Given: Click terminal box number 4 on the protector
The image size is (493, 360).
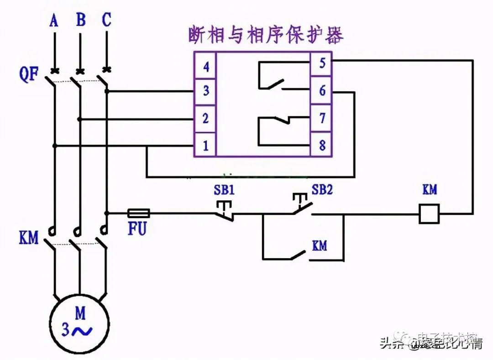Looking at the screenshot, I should [x=205, y=67].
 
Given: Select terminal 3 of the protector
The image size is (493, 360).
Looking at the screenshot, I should [x=205, y=91].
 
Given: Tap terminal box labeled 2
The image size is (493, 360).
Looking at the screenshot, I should [x=205, y=119].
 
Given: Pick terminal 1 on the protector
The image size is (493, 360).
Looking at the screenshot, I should [x=205, y=146].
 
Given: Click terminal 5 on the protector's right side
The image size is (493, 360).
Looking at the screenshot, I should [x=322, y=63].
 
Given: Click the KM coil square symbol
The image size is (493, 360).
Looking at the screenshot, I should [x=429, y=214].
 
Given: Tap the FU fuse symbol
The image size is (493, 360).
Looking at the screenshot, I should [x=138, y=213].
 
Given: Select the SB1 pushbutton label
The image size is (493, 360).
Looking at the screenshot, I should [x=224, y=189].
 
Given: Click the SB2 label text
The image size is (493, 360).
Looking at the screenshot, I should [x=322, y=189].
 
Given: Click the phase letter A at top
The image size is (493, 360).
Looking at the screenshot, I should [x=54, y=21].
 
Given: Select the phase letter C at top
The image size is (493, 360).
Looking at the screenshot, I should [x=106, y=21].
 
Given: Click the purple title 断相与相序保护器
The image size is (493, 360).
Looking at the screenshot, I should [x=266, y=36].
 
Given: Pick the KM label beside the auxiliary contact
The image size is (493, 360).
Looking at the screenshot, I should [x=320, y=245].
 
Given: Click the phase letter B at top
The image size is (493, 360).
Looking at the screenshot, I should [x=80, y=21].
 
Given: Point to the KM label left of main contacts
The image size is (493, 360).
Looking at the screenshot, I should [x=28, y=238].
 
